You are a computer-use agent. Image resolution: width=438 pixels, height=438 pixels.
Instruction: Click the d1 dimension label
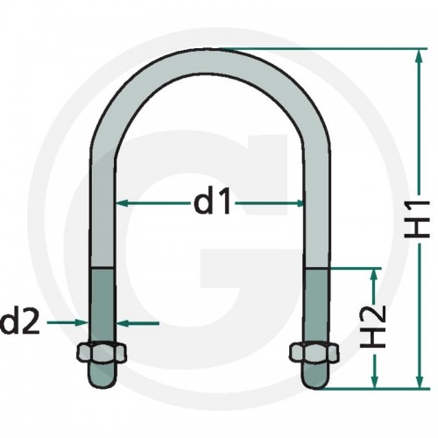tap(212, 202)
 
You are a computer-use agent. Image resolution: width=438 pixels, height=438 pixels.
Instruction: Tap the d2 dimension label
tap(20, 322)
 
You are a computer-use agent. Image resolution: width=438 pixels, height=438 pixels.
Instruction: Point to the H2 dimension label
tap(373, 327)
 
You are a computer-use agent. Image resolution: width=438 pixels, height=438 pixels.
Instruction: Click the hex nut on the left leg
tap(102, 352)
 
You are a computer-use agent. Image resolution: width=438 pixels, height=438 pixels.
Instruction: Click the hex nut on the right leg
tap(314, 352)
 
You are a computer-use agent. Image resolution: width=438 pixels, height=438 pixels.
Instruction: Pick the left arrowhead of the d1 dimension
tap(122, 203)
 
